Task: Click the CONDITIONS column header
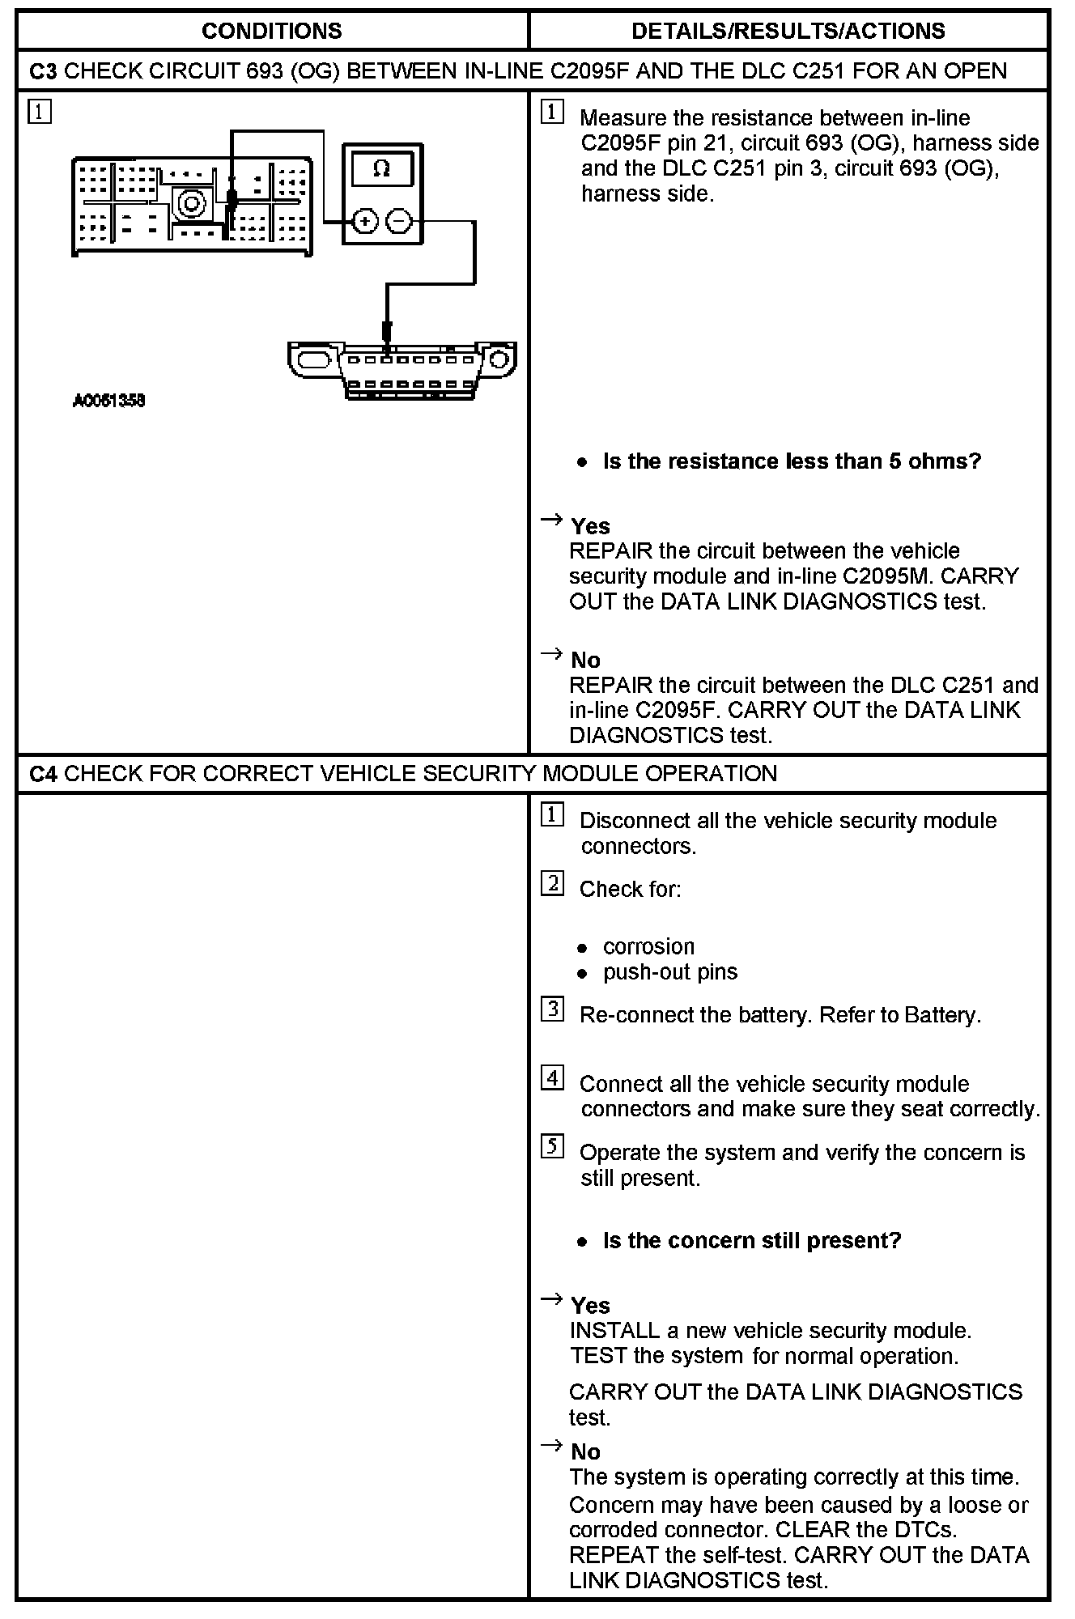click(271, 31)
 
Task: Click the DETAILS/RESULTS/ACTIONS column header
click(788, 31)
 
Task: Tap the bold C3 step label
click(43, 71)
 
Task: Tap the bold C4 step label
click(43, 774)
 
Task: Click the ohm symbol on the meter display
click(382, 168)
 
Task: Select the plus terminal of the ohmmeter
click(365, 221)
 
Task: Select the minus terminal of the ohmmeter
click(398, 221)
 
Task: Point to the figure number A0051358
click(108, 401)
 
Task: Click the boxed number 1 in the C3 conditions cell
click(39, 111)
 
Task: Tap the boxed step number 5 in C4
click(552, 1147)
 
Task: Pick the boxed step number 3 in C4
click(552, 1009)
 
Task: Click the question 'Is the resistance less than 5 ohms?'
click(792, 461)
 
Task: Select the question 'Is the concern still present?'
click(751, 1241)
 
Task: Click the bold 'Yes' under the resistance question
click(590, 526)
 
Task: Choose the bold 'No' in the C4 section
click(585, 1451)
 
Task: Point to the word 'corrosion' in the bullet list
click(648, 946)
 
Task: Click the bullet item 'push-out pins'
click(670, 971)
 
